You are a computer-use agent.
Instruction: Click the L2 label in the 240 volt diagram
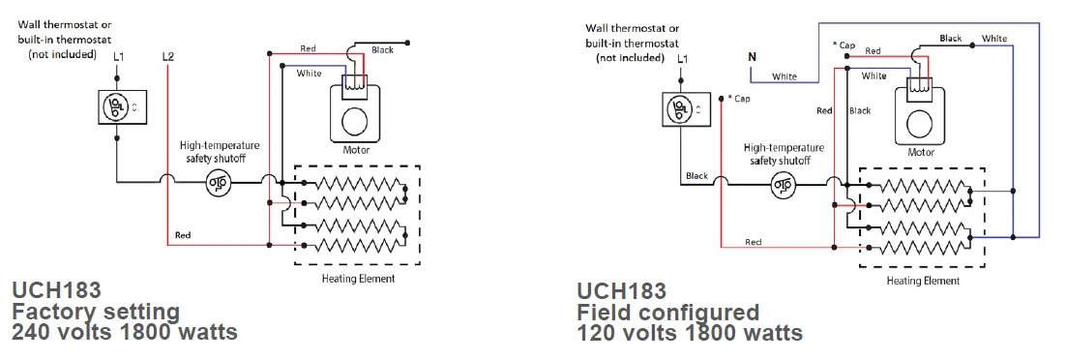click(x=168, y=58)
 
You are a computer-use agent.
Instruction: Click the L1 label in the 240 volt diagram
click(x=117, y=58)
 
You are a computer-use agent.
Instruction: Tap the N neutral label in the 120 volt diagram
click(x=752, y=57)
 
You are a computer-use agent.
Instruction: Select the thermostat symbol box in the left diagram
click(x=117, y=105)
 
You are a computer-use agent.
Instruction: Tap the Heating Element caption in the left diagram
click(x=358, y=279)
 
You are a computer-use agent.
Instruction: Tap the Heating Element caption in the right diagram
click(x=923, y=282)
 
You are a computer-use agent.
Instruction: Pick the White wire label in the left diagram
click(x=310, y=74)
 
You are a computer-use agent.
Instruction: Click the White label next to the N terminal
click(x=785, y=76)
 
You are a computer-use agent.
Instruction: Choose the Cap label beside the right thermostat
click(x=739, y=99)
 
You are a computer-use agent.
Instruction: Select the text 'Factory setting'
click(x=96, y=312)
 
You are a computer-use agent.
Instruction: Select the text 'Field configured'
click(x=667, y=313)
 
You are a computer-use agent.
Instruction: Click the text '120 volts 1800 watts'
click(x=690, y=334)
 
